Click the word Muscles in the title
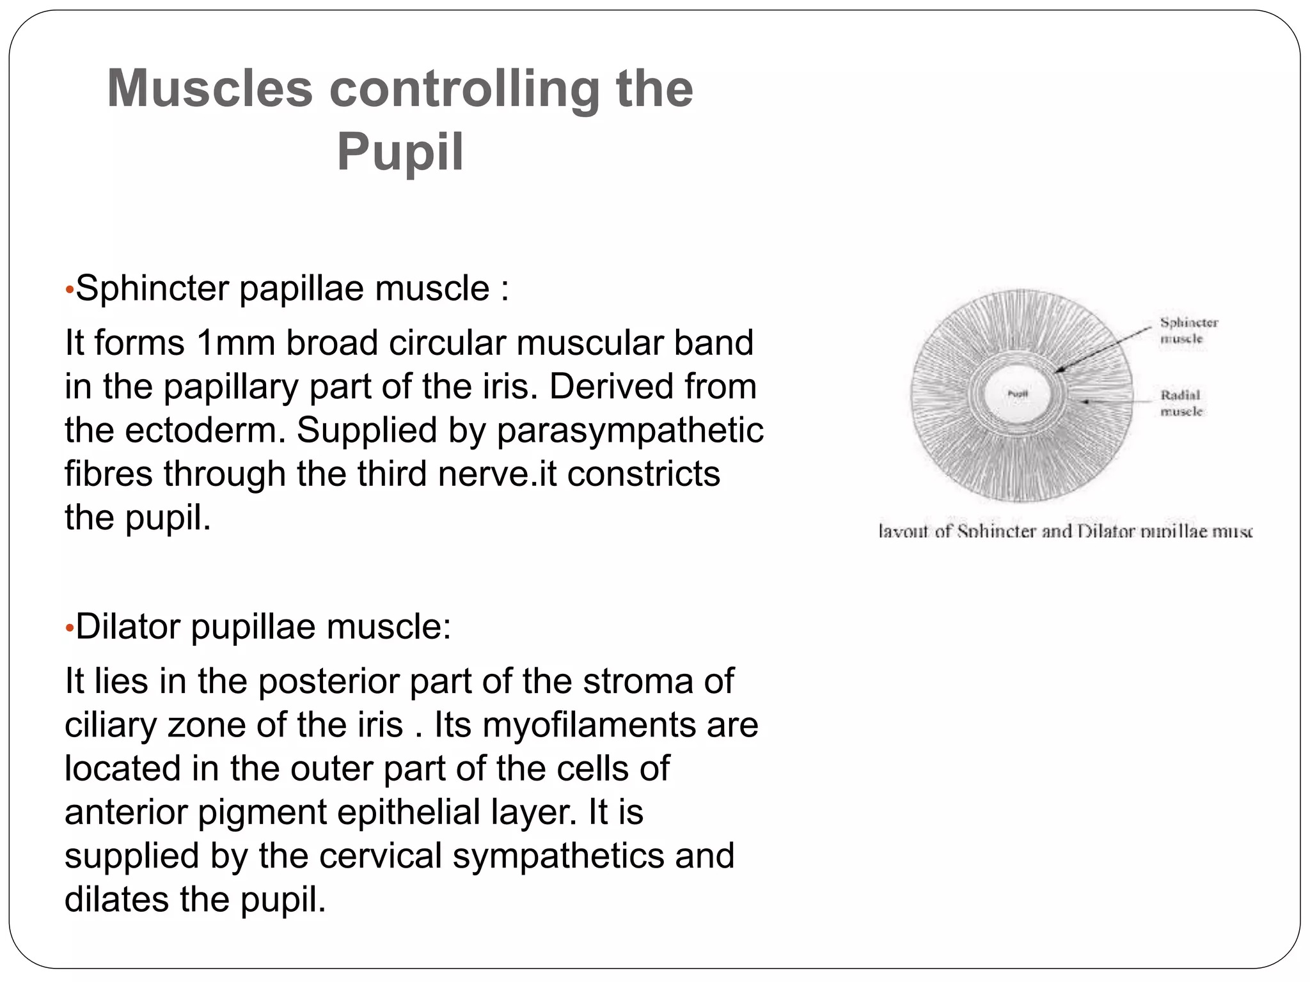[209, 89]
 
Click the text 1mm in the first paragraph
[234, 343]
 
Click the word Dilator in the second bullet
[128, 627]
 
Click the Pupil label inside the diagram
[1017, 394]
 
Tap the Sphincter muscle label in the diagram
[1188, 330]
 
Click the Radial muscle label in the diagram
[1181, 403]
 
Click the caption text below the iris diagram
[1065, 531]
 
